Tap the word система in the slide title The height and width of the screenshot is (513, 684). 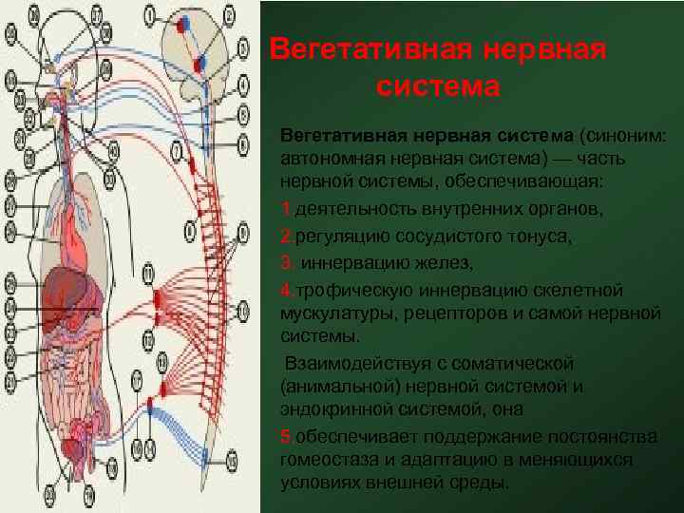pyautogui.click(x=437, y=86)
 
